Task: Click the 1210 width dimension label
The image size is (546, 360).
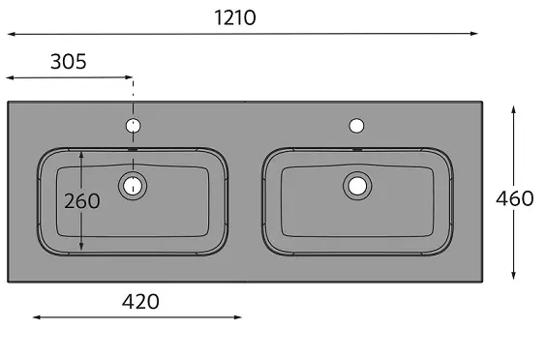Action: coord(235,17)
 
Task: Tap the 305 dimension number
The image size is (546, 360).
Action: coord(69,62)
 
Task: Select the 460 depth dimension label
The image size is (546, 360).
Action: coord(515,198)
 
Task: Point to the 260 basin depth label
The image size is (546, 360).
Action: coord(82,201)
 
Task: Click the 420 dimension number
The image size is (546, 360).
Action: coord(140,302)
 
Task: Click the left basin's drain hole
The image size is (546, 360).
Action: coord(133,186)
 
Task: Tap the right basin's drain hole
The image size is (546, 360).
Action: coord(357,186)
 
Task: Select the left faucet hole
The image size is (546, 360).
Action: coord(133,126)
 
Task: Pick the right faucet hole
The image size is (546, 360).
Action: coord(356,126)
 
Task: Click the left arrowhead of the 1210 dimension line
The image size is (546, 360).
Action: coord(12,34)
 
